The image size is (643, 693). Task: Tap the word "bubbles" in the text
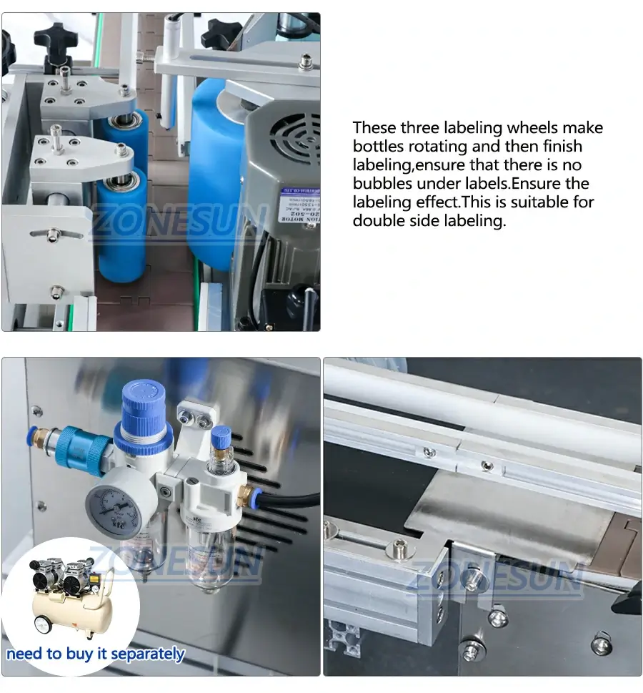381,184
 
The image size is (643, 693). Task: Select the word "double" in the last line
379,221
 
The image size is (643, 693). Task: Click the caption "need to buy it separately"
96,654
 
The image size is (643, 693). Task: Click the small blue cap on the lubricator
221,435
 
